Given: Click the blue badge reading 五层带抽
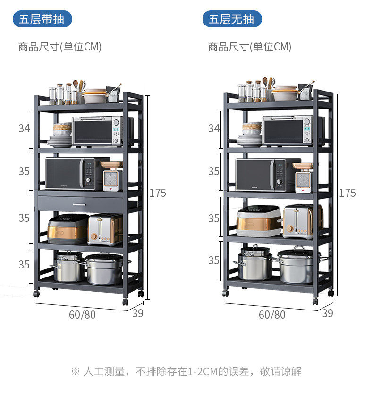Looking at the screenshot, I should coord(42,19).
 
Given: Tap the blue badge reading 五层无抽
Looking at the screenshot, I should coord(232,19).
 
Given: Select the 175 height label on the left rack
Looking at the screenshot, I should coord(158,193).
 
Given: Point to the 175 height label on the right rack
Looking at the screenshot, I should coord(348,193).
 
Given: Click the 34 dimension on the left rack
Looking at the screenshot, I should coord(24,128).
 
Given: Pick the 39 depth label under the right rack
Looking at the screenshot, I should coord(327,313).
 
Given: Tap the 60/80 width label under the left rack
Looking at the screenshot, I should coord(82,315).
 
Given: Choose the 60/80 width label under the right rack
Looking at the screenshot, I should coord(272,315).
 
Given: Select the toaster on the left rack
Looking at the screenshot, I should coord(105,229).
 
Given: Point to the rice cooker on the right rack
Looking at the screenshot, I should coord(259,221).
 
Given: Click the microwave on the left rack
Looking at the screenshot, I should coord(71,174).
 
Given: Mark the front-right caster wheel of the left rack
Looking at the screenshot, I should coord(125,301).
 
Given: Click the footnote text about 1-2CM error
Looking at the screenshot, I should coord(186,371).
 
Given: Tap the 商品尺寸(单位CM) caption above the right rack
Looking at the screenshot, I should coord(250,47).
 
